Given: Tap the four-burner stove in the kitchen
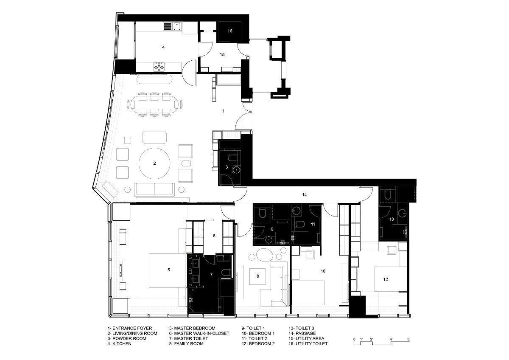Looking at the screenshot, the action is pos(159,67).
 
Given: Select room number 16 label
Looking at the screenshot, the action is pos(230,31).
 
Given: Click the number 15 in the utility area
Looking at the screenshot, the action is pos(222,55).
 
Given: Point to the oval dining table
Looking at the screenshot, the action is pos(154,104).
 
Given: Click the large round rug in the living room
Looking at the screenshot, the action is pos(154,163).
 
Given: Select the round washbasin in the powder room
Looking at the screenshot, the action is pos(237,169).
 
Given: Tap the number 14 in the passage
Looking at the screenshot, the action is pos(305,195).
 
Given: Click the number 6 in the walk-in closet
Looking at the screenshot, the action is pos(214,236).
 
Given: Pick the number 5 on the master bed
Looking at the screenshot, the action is pos(169,270).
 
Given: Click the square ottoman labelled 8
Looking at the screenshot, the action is pos(258,276).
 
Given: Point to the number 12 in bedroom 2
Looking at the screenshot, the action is pos(386,279).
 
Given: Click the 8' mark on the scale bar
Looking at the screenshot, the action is pos(409,339).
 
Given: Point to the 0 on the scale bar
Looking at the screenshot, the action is pos(355,339).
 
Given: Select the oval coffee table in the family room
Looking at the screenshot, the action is pos(265,256).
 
